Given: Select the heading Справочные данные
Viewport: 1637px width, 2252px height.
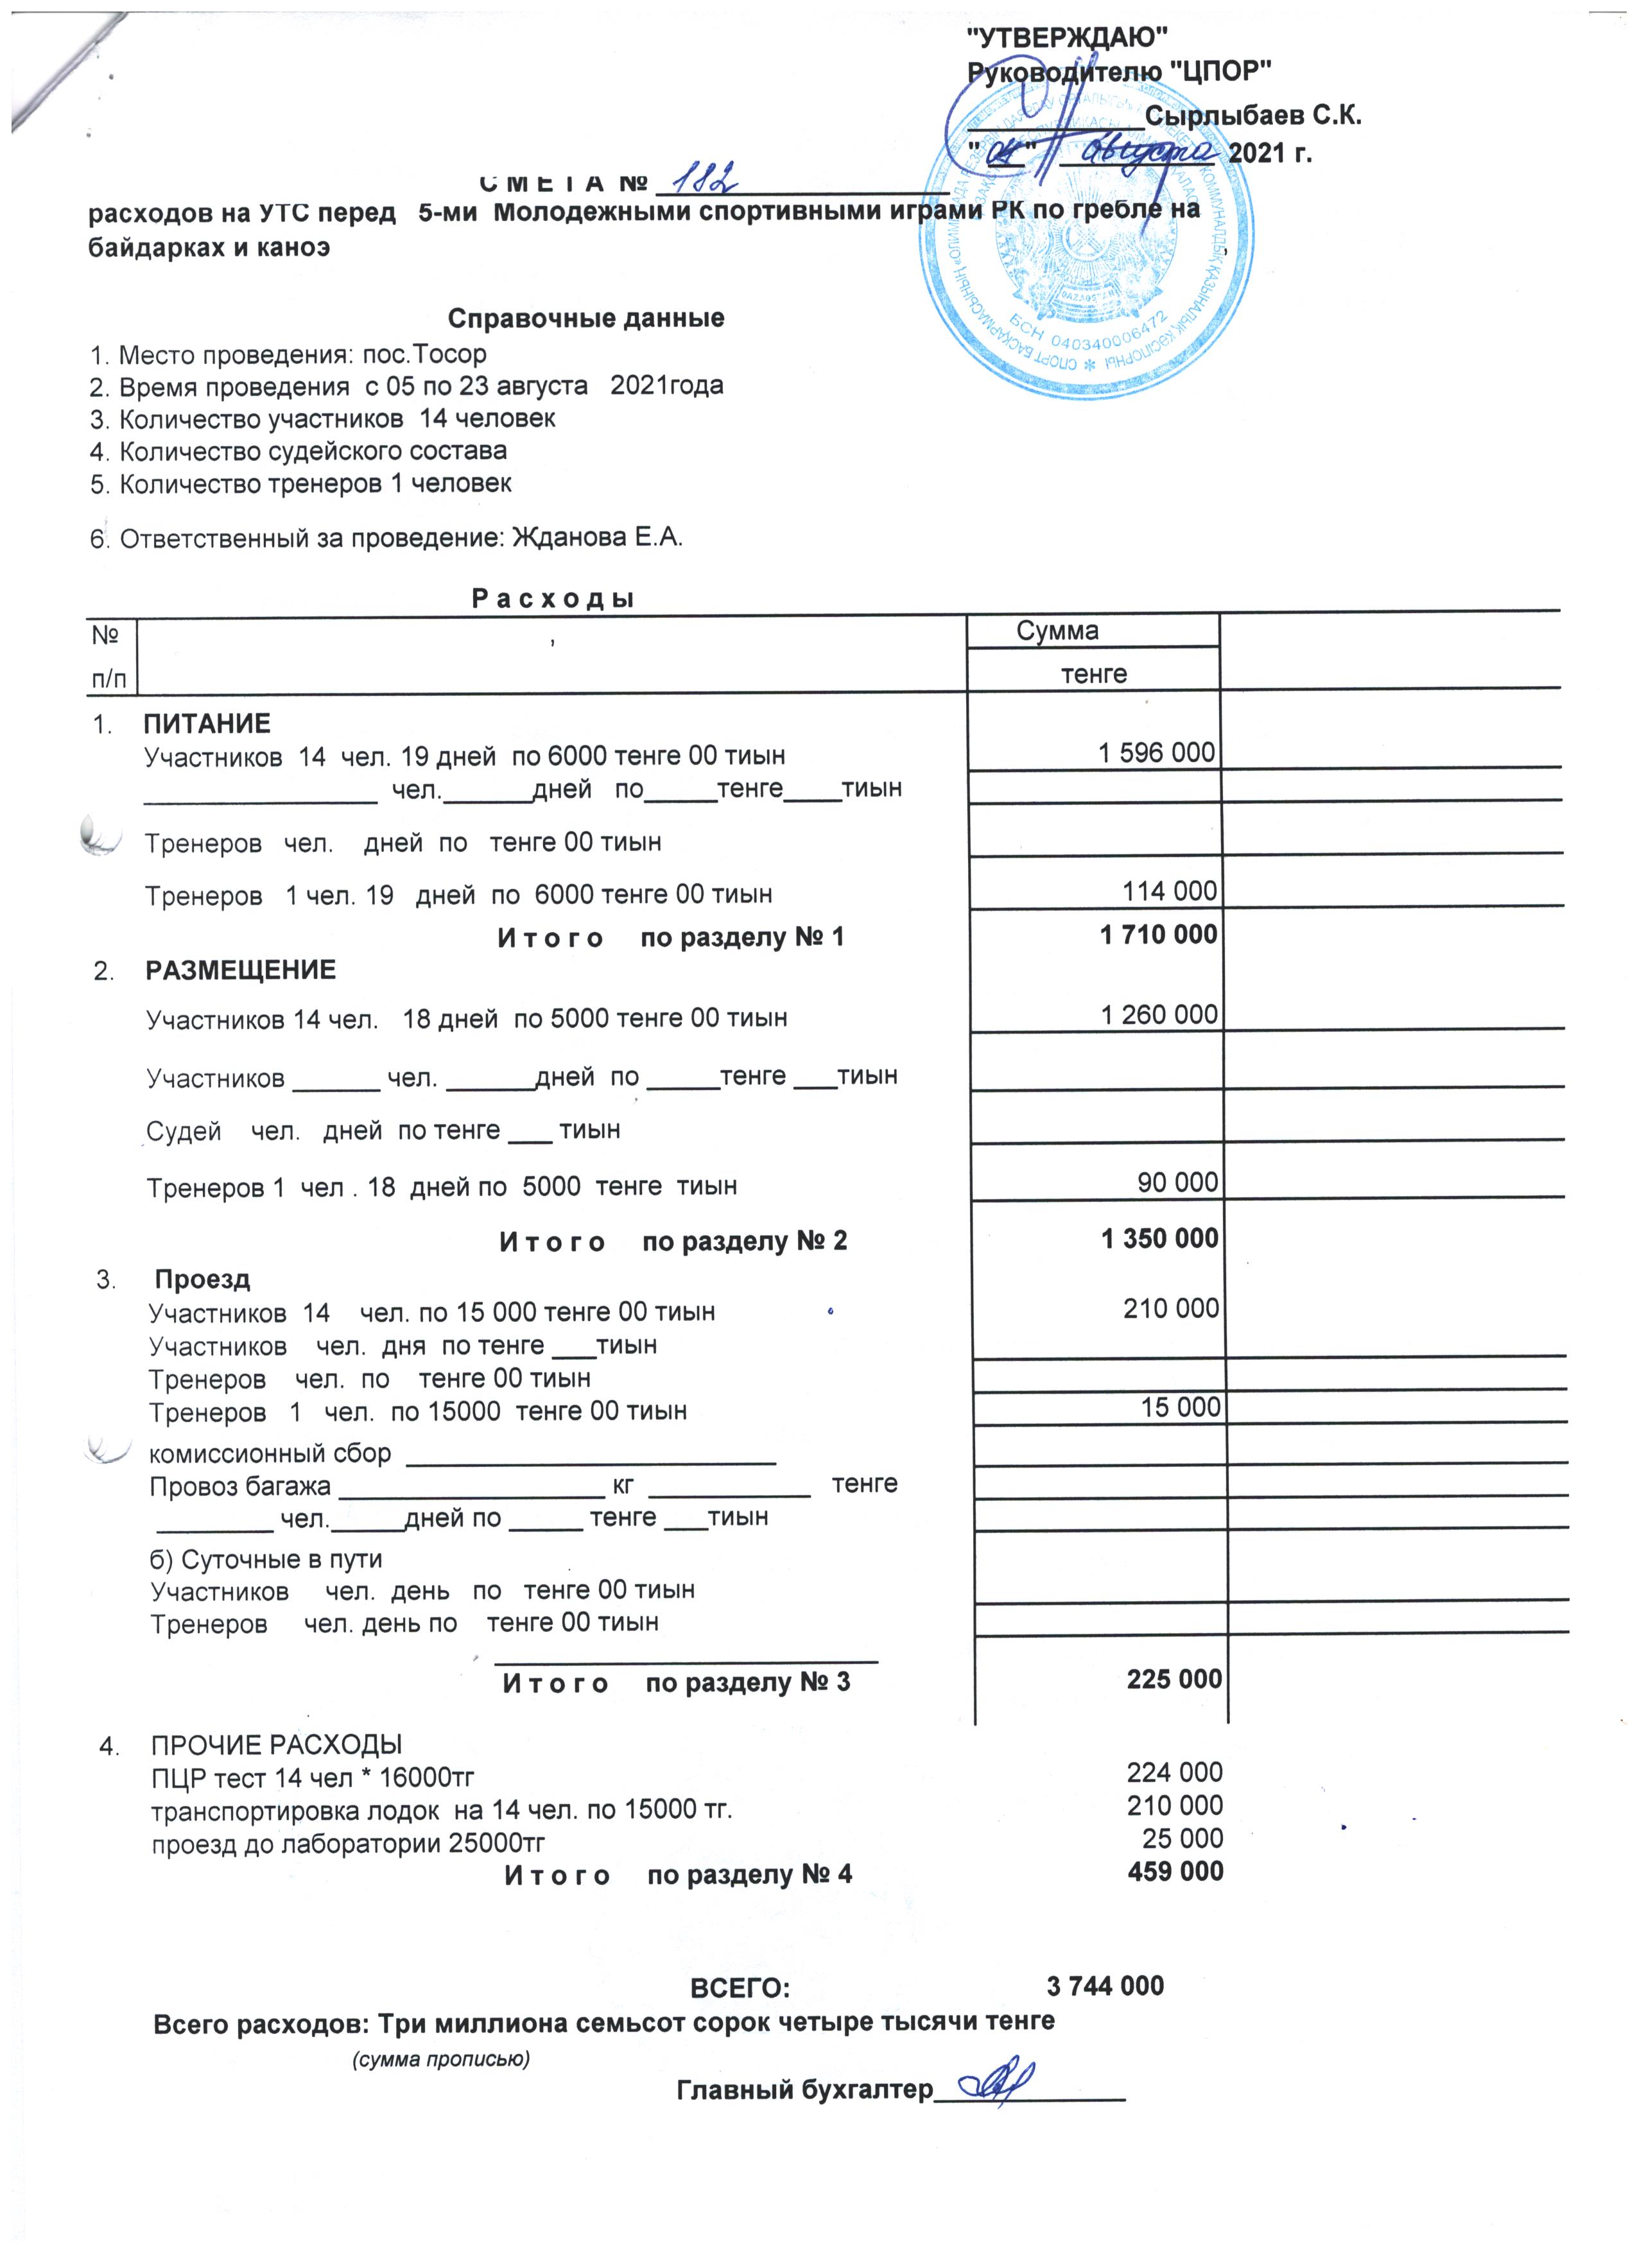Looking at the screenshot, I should tap(585, 319).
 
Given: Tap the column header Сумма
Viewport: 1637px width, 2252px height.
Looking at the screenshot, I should tap(1057, 632).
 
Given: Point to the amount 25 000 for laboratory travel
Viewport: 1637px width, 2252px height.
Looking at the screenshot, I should tap(1182, 1838).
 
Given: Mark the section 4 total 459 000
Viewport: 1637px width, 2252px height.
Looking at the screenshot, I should tap(1175, 1872).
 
